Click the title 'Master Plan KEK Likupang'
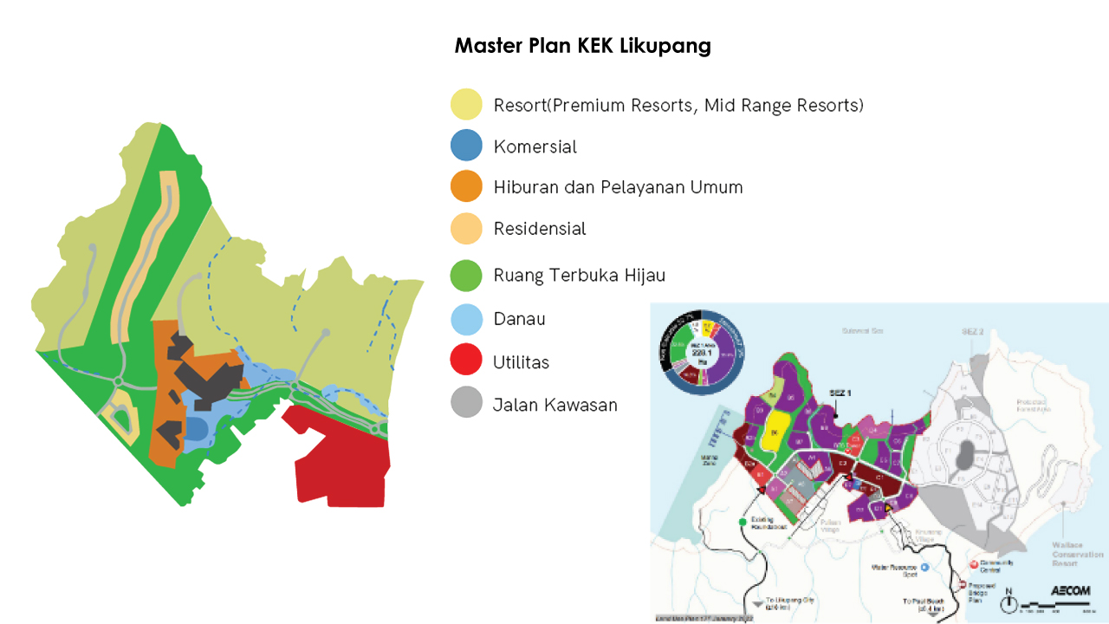582,46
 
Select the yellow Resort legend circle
466,105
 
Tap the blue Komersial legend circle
466,146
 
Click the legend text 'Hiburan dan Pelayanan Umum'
618,187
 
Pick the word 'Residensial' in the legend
540,229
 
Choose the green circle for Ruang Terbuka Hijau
466,275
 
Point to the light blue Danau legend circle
466,319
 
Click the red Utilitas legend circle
466,361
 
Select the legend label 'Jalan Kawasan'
555,404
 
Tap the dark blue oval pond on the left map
196,428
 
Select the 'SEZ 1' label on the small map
840,393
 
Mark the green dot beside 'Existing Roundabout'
743,522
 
